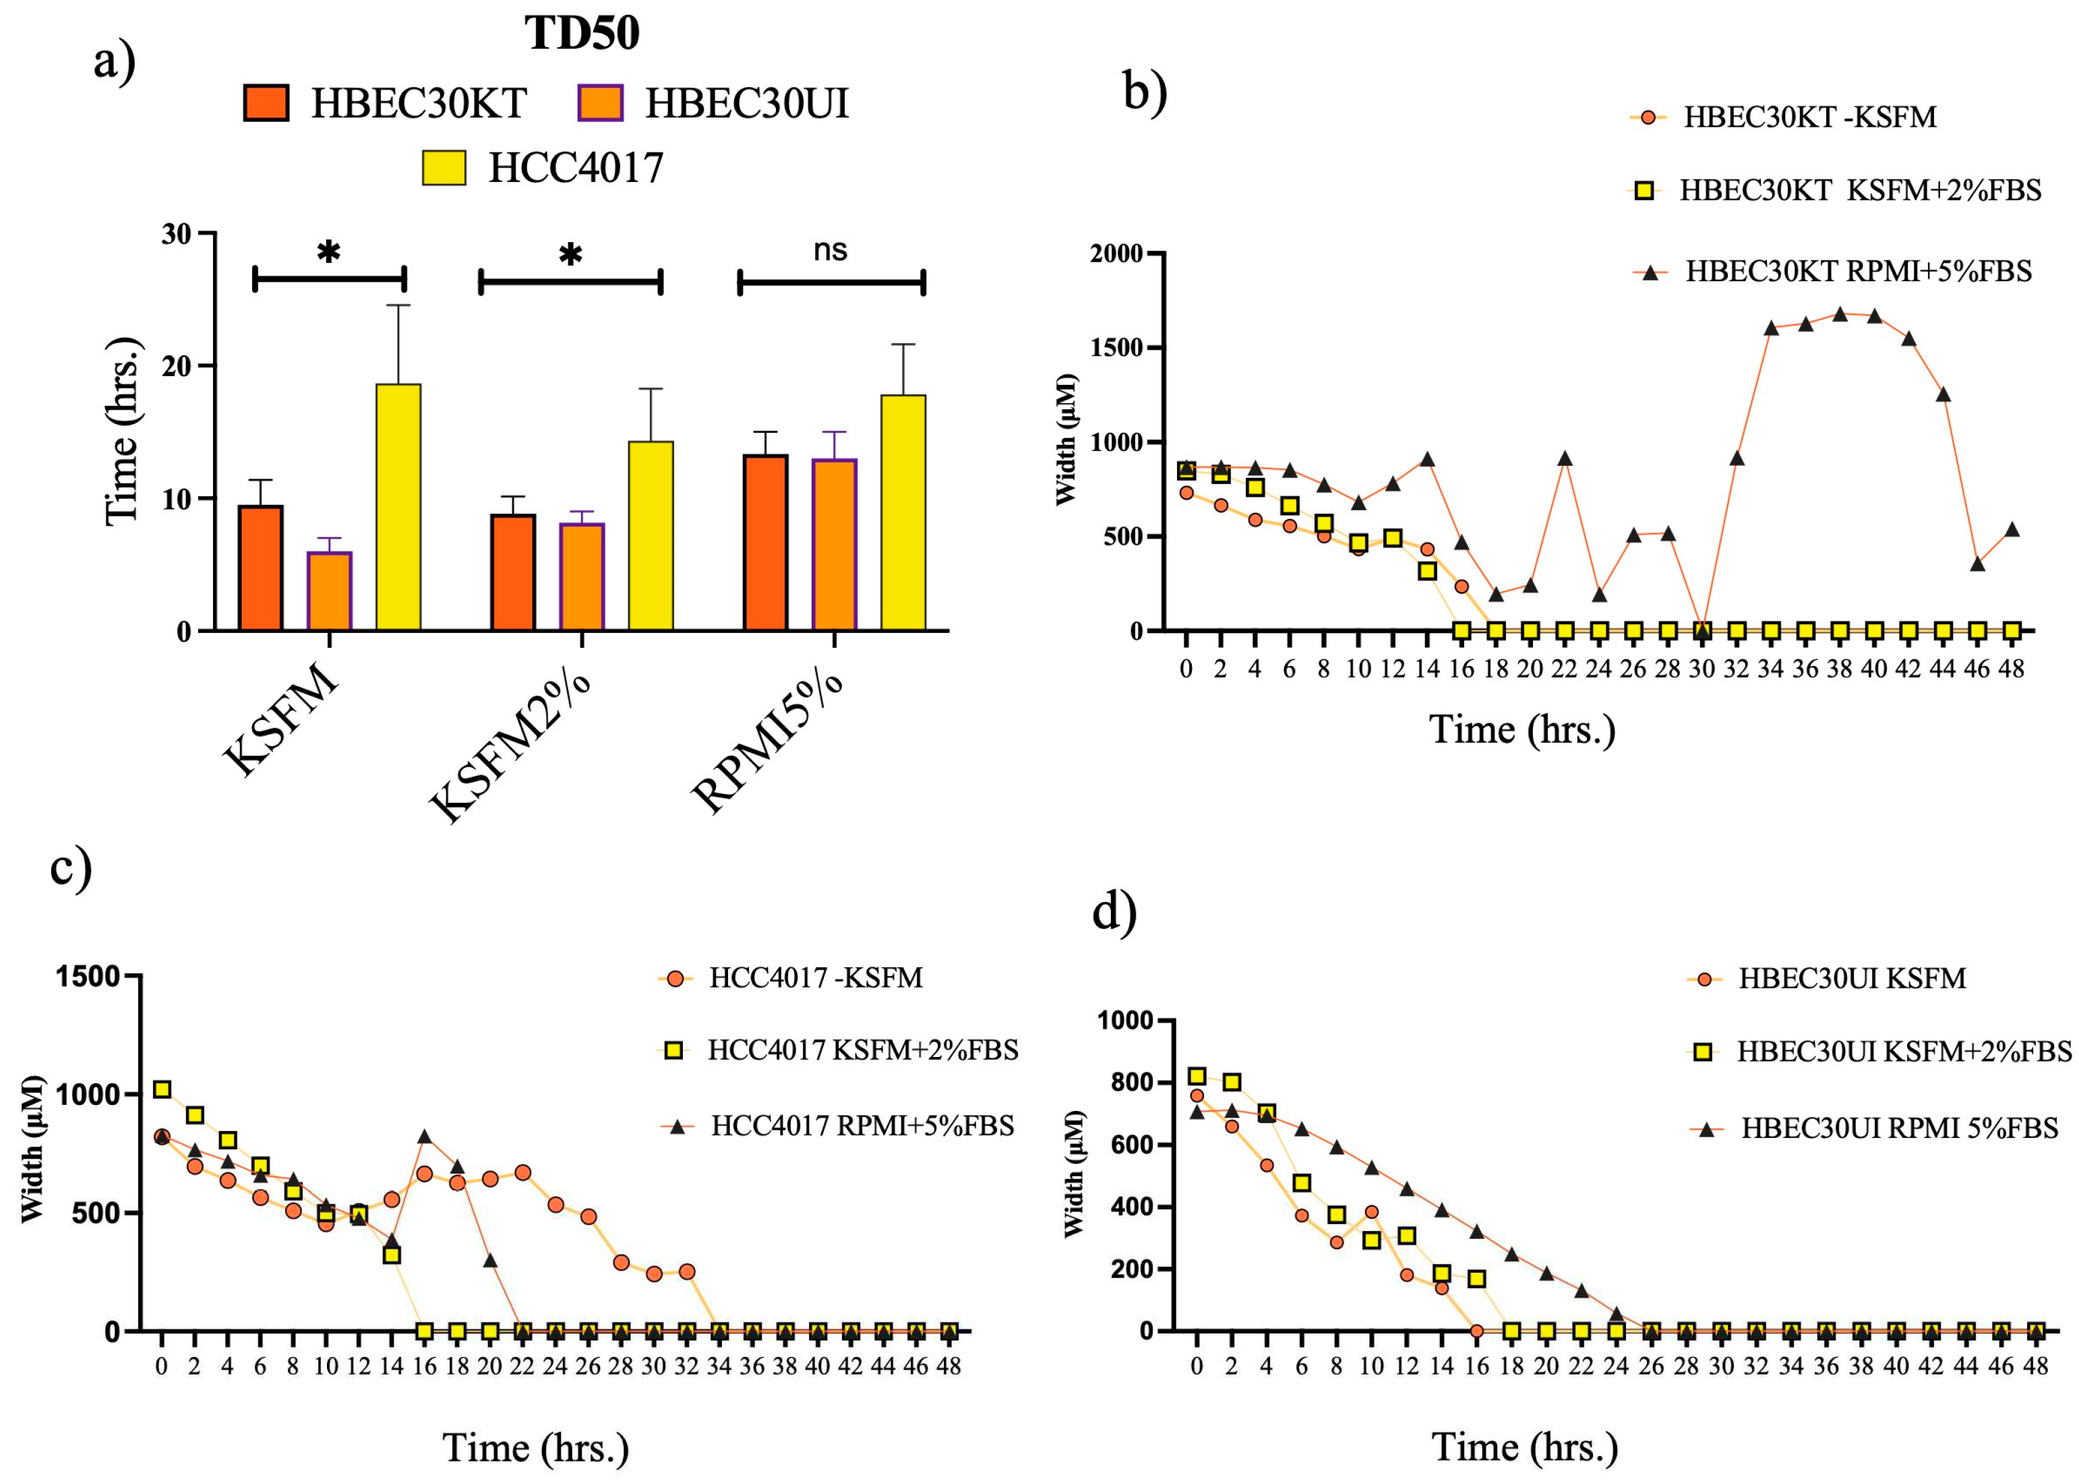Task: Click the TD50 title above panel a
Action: pyautogui.click(x=582, y=34)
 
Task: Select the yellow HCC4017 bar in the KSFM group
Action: pyautogui.click(x=398, y=506)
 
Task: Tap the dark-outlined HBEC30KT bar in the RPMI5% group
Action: pyautogui.click(x=766, y=543)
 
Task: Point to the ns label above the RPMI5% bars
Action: pyautogui.click(x=830, y=250)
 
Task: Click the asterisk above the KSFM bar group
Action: pyautogui.click(x=328, y=251)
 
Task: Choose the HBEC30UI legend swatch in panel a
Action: pyautogui.click(x=600, y=103)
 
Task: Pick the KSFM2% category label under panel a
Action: pyautogui.click(x=510, y=748)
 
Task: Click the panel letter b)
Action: pyautogui.click(x=1145, y=91)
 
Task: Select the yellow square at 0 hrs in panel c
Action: pyautogui.click(x=162, y=1089)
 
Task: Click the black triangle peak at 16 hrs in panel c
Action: pyautogui.click(x=424, y=1137)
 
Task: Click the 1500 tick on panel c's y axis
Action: pyautogui.click(x=88, y=977)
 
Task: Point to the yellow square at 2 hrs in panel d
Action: pyautogui.click(x=1232, y=1081)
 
